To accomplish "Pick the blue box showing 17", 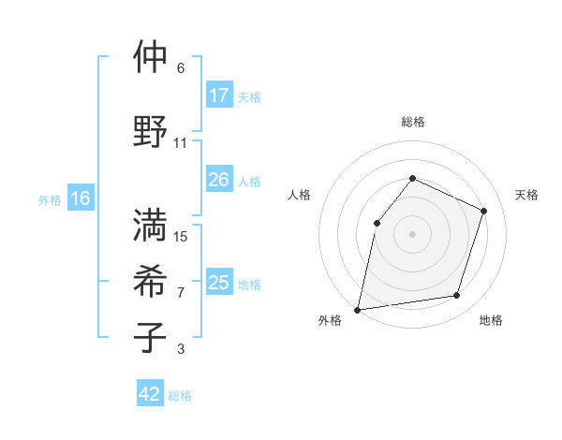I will [x=219, y=95].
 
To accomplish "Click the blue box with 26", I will [x=219, y=180].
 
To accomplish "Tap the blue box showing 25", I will [x=219, y=283].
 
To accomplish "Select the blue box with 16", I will [x=81, y=198].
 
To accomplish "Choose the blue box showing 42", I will [x=150, y=394].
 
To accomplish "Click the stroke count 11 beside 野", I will [x=181, y=143].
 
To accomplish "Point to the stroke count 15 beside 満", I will [x=182, y=237].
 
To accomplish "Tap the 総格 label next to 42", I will [x=180, y=396].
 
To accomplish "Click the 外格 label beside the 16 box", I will [x=50, y=199].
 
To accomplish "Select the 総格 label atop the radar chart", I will [x=412, y=122].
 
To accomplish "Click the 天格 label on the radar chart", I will [x=526, y=195].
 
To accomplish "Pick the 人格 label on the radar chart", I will [x=299, y=195].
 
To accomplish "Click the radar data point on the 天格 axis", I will [x=484, y=211].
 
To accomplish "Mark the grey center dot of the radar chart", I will [x=412, y=233].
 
